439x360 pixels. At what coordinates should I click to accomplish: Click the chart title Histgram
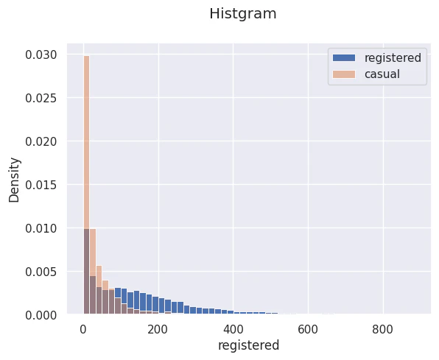(x=243, y=14)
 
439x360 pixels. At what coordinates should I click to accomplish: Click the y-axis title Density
(x=14, y=180)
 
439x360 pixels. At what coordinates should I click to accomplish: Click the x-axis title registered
(x=249, y=345)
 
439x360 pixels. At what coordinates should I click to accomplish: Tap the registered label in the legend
(x=393, y=58)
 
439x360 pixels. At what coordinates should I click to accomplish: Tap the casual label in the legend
(x=382, y=74)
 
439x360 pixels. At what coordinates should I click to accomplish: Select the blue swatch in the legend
(x=344, y=58)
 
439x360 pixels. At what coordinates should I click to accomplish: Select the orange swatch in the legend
(x=344, y=74)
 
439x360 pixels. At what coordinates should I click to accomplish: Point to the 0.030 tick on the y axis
(x=41, y=54)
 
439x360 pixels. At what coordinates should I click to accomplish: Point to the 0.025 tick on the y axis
(x=41, y=98)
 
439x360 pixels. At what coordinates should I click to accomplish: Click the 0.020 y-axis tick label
(x=41, y=141)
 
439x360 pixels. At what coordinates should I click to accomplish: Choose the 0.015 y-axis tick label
(x=41, y=185)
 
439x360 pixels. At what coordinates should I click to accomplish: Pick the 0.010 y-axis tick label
(x=41, y=228)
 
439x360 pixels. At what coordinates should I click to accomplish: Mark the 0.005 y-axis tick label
(x=41, y=272)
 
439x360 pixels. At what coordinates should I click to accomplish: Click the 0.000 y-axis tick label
(x=41, y=315)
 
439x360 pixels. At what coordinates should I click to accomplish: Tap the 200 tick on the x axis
(x=158, y=330)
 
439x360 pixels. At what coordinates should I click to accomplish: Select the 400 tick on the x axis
(x=233, y=330)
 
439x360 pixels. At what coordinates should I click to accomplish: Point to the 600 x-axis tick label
(x=308, y=330)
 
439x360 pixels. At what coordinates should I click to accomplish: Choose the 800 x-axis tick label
(x=383, y=330)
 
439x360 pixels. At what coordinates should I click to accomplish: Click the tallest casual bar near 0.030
(x=86, y=185)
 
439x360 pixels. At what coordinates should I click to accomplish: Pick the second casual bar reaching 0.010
(x=93, y=271)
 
